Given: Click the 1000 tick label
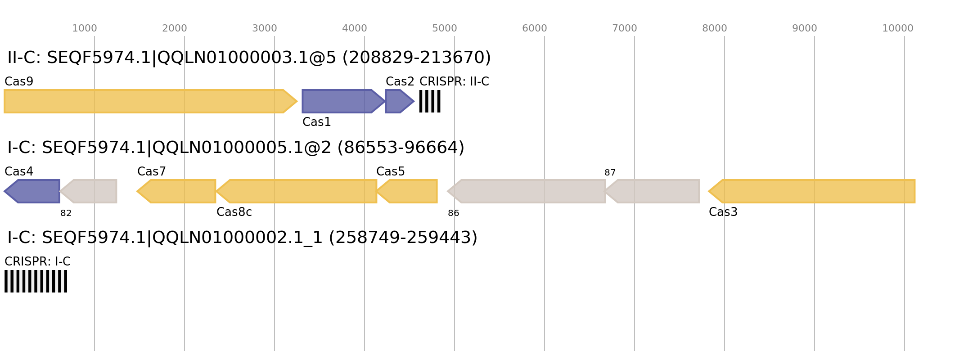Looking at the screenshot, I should pos(85,28).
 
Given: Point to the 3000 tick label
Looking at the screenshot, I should pos(265,28).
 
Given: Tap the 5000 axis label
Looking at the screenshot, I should pos(445,28).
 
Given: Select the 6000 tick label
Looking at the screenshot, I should pos(535,28).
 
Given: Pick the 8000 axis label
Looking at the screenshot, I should pos(715,28).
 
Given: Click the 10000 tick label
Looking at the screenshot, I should pos(898,28).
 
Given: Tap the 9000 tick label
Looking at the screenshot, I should pos(805,28).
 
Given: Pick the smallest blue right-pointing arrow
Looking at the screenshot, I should pos(398,101).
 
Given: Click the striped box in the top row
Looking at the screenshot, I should pos(430,101).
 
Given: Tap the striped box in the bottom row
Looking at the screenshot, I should pos(36,281).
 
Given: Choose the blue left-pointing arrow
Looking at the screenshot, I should pos(34,191).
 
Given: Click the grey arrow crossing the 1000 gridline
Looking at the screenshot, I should pos(90,191).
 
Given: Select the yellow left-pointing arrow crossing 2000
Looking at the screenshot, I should pos(178,191).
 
